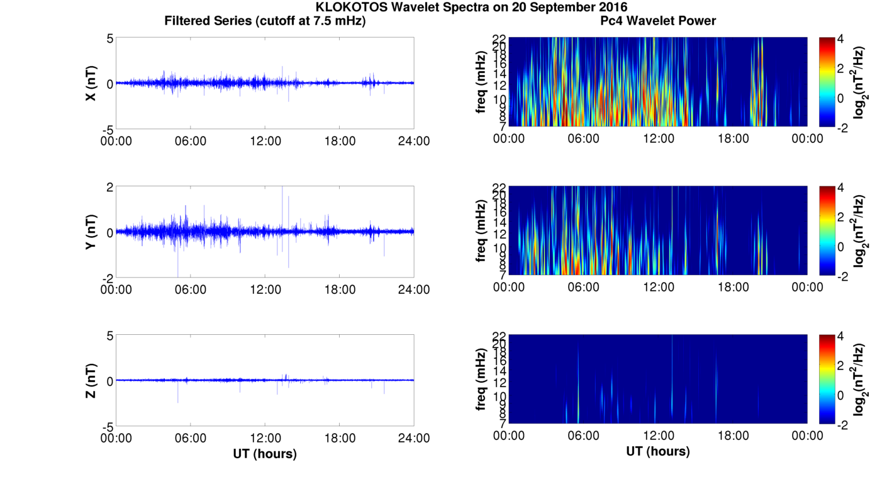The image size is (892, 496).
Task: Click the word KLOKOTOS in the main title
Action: [352, 8]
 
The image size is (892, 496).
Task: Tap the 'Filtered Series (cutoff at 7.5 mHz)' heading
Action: [265, 21]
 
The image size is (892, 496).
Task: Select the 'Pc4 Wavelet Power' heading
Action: [658, 21]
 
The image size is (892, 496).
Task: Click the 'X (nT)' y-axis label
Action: [91, 84]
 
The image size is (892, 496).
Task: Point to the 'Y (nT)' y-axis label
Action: [91, 232]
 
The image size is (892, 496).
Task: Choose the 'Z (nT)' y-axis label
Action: [91, 381]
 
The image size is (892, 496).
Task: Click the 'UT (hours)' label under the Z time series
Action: [265, 453]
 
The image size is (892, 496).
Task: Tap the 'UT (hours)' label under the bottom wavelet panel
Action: [658, 451]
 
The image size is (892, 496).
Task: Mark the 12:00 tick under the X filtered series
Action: [265, 141]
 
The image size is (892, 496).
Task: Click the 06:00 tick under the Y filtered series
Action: [191, 290]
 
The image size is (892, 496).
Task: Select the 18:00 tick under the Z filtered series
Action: [340, 438]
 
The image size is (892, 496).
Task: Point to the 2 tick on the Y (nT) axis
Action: [109, 188]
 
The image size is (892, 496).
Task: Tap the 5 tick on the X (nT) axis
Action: [109, 39]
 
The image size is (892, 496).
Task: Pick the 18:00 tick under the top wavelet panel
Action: [733, 138]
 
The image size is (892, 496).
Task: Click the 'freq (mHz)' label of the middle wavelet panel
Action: [481, 231]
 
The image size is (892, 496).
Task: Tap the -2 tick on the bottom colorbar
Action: [843, 424]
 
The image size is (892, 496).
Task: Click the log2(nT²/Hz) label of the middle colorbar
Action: [859, 231]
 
